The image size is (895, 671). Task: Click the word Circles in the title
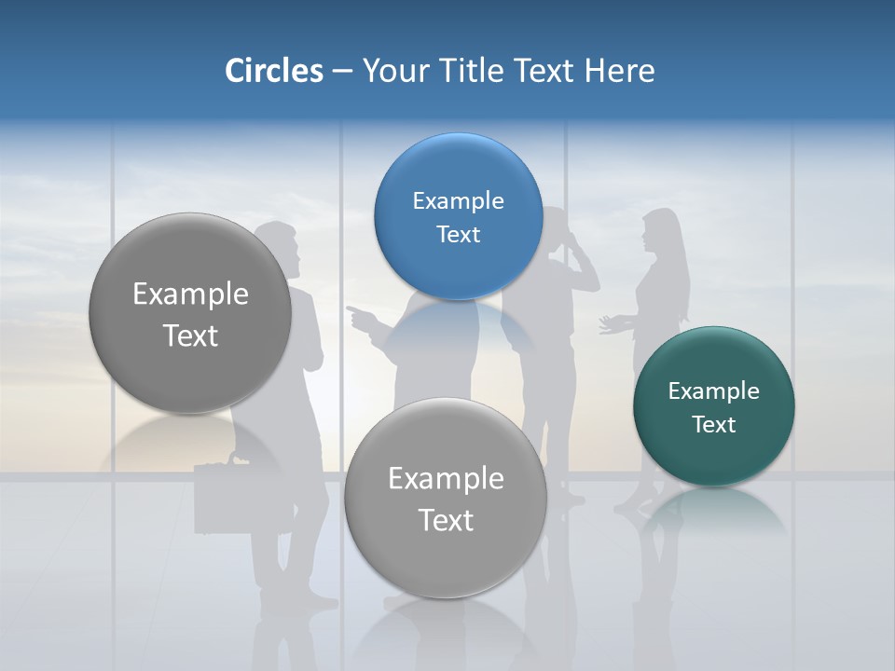point(273,71)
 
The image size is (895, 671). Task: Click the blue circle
point(458,216)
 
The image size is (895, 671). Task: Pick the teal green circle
point(713,406)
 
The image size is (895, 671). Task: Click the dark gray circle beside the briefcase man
point(190,313)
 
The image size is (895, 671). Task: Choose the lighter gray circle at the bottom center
point(445,498)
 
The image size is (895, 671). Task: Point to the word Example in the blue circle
point(458,200)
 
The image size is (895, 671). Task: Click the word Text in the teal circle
point(713,425)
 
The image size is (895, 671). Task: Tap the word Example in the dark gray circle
point(190,294)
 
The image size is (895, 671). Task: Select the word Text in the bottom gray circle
point(445,520)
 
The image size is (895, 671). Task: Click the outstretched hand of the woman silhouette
point(608,324)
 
